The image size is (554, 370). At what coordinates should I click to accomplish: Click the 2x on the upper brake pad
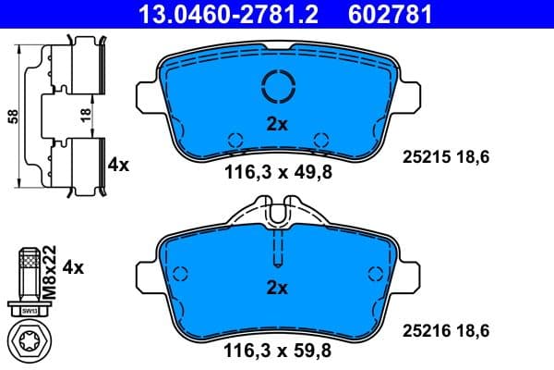tap(276, 123)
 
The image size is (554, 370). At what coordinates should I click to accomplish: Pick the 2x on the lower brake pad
tap(276, 288)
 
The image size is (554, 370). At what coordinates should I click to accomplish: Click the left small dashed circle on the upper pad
tap(235, 140)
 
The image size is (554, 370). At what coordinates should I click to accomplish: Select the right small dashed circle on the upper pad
tap(320, 140)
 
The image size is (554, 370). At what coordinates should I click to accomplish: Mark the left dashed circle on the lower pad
tap(180, 274)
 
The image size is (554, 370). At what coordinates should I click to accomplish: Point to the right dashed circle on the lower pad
tap(374, 274)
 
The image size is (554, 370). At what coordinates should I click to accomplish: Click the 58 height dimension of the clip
tap(12, 116)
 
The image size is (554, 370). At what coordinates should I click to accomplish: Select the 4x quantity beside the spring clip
tap(118, 165)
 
